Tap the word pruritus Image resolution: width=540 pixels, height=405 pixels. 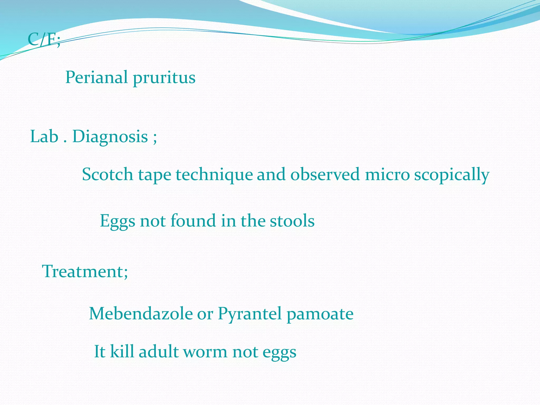(x=164, y=78)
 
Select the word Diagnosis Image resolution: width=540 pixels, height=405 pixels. (x=110, y=137)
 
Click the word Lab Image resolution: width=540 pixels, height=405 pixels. (x=44, y=137)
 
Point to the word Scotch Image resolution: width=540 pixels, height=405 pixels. (x=108, y=175)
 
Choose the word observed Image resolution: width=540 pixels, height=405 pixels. (x=325, y=175)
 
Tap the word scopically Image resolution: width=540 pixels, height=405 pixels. (x=452, y=175)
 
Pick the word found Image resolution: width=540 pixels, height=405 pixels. (x=193, y=221)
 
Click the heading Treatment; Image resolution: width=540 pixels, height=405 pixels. (x=85, y=271)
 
